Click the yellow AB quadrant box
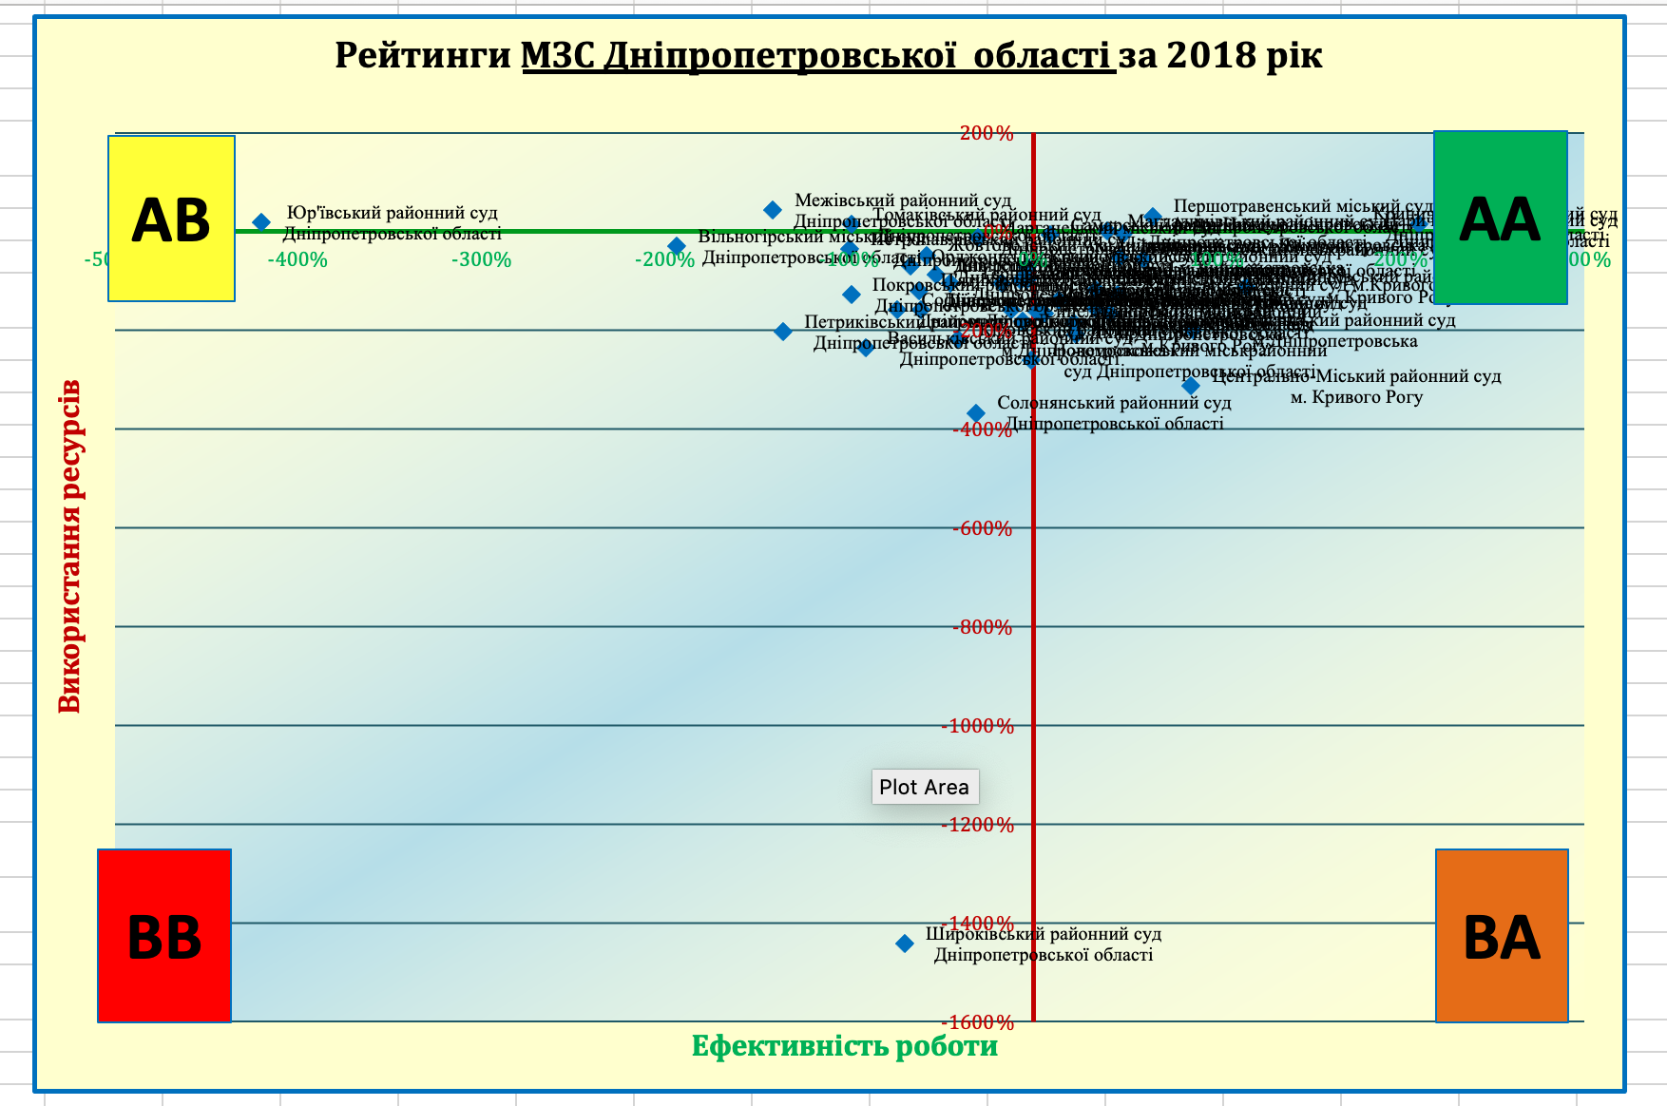pos(171,219)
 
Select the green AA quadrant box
pos(1500,218)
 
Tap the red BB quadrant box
pos(164,936)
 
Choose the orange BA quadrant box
pos(1502,936)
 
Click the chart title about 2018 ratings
pos(828,55)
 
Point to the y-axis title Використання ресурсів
pos(69,546)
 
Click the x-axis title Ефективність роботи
pos(844,1046)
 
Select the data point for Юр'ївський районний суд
pos(261,222)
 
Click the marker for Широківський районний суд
pos(905,944)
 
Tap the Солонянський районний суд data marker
pos(976,413)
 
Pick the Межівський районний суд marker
pos(774,210)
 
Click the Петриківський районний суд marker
pos(783,332)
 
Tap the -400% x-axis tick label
pos(297,259)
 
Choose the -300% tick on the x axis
pos(481,259)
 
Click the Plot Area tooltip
pos(924,787)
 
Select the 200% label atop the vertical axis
pos(987,133)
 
